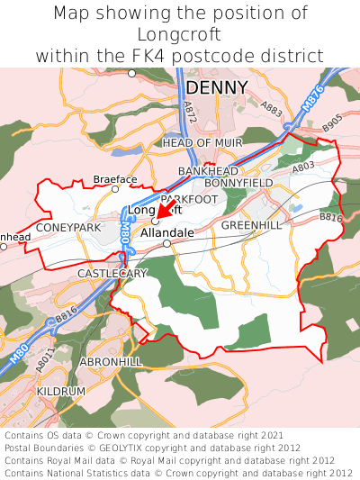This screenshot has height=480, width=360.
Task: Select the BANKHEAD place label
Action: click(x=208, y=170)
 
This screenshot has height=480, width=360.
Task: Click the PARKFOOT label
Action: click(x=189, y=198)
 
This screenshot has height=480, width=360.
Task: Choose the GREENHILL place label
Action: click(x=251, y=224)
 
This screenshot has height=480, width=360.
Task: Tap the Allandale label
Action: click(x=167, y=232)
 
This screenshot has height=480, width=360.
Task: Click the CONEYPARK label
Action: click(x=68, y=228)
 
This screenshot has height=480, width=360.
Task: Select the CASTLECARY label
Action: click(x=112, y=272)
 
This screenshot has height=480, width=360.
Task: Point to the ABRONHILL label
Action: click(x=111, y=360)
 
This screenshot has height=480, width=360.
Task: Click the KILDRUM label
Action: click(x=61, y=393)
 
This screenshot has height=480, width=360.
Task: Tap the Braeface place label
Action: click(x=115, y=179)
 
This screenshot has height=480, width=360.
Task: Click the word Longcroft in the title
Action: click(x=180, y=34)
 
